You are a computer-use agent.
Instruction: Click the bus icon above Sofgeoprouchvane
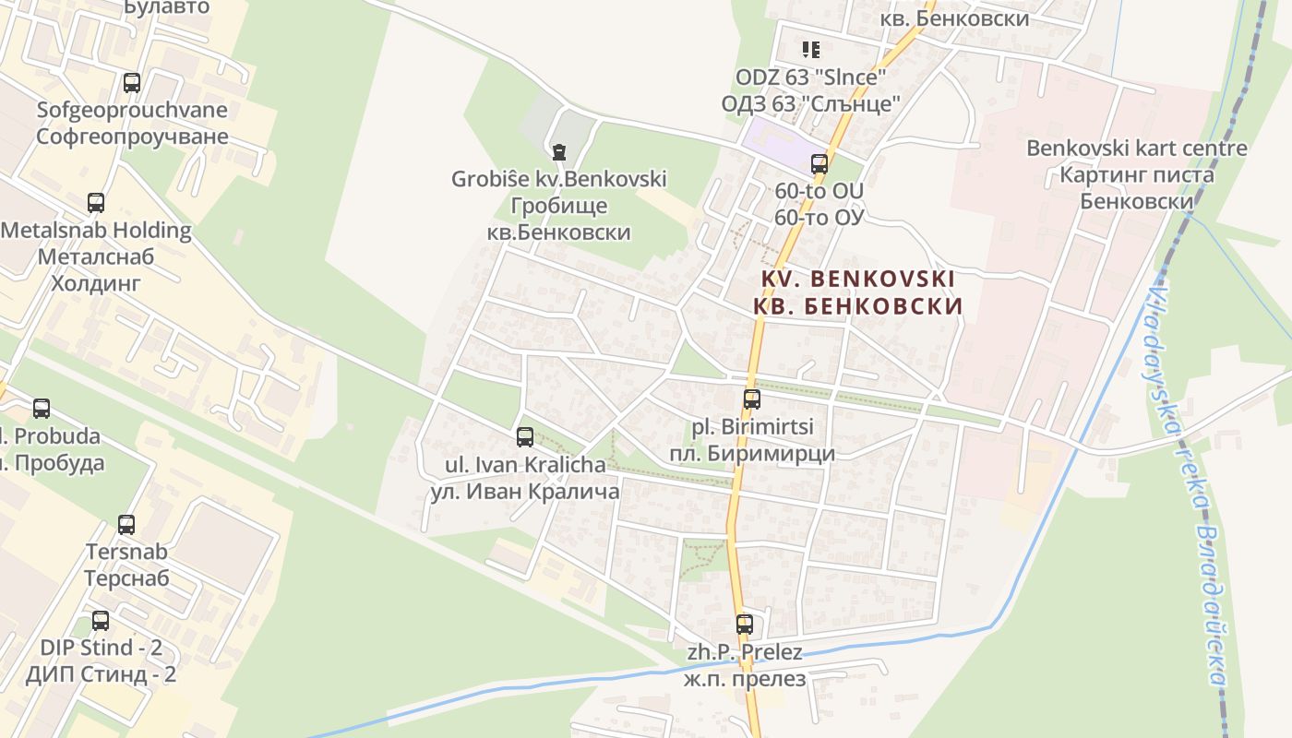tap(132, 83)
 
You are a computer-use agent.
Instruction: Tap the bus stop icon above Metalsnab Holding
tap(96, 203)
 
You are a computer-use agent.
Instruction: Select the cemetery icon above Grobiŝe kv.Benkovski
tap(558, 151)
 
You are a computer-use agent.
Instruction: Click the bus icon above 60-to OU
tap(819, 164)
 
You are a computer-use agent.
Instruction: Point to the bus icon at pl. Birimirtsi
tap(752, 399)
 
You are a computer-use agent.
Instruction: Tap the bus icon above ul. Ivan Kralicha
tap(525, 437)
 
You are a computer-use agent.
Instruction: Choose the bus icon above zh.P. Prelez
tap(745, 625)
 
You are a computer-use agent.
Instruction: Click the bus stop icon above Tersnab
tap(126, 525)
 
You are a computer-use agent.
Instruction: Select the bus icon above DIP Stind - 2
tap(101, 621)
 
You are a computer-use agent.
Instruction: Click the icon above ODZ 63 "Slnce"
tap(810, 49)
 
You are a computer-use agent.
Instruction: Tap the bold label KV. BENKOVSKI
tap(858, 279)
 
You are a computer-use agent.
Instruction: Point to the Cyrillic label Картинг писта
tap(1137, 174)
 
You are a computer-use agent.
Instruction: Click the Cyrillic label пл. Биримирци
tap(751, 453)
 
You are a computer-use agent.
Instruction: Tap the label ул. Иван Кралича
tap(524, 492)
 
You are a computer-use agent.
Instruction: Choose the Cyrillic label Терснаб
tap(126, 578)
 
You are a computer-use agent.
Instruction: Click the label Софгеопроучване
tap(131, 137)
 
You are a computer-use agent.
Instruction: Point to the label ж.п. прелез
tap(744, 679)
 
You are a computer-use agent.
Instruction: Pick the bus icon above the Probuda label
tap(42, 409)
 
